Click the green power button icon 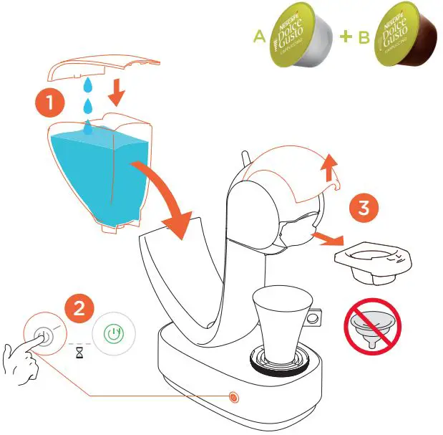[112, 333]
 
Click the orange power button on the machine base [232, 396]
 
